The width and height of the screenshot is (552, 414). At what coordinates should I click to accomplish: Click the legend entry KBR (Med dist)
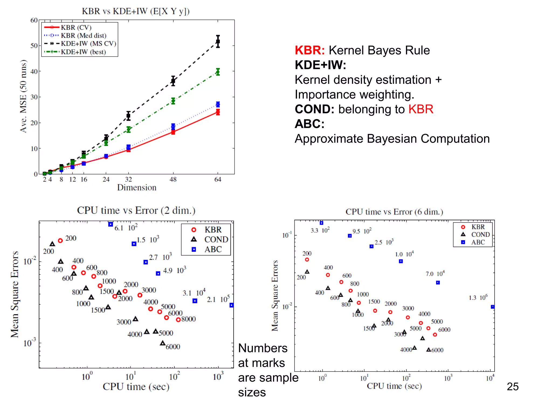click(83, 36)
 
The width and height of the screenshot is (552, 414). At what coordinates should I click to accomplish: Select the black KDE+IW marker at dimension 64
click(218, 42)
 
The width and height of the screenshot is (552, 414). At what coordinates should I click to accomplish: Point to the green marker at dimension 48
click(173, 101)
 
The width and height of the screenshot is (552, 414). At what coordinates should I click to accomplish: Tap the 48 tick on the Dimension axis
click(173, 180)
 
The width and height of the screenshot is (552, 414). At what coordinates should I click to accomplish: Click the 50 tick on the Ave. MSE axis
click(34, 46)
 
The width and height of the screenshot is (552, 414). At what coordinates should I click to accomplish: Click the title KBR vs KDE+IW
click(136, 11)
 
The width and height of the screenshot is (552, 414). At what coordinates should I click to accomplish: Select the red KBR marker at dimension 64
click(218, 112)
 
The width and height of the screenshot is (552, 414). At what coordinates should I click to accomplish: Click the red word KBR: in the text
click(309, 50)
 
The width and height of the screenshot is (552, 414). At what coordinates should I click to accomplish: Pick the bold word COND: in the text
click(314, 109)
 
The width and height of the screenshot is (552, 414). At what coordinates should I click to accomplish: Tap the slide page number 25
click(512, 387)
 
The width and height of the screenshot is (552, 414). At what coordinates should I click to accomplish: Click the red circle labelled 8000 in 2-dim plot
click(178, 320)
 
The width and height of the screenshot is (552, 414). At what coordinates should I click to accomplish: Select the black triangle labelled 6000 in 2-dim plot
click(163, 343)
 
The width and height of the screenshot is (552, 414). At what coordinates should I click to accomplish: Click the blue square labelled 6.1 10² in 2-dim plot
click(111, 224)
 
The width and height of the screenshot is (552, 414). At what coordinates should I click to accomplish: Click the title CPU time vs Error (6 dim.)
click(394, 212)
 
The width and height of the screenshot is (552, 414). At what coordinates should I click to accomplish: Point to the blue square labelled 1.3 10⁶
click(493, 307)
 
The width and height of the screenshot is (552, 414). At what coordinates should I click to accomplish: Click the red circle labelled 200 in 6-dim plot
click(307, 260)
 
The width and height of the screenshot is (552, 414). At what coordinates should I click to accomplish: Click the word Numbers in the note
click(263, 348)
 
